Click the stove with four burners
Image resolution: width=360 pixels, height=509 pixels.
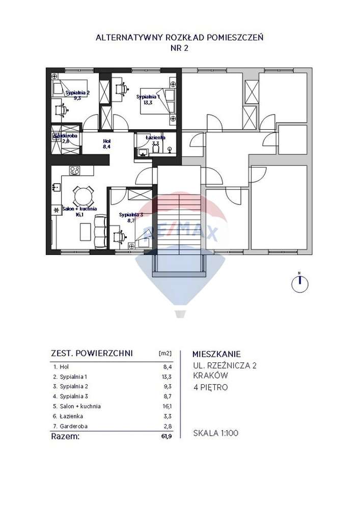[75, 171]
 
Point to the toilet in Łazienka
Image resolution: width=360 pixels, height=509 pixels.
[170, 149]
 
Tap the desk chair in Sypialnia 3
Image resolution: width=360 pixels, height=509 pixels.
[121, 236]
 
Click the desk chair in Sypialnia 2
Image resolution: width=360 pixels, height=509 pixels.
[62, 108]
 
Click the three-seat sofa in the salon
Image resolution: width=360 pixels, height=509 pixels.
[100, 229]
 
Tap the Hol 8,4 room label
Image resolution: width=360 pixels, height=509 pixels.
[106, 144]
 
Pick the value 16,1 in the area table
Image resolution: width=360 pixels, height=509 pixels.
[167, 406]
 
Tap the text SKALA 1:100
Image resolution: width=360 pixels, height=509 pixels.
[215, 434]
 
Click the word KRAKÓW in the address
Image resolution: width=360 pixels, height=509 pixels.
[210, 376]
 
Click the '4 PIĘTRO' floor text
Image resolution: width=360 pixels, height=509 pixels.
[210, 387]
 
